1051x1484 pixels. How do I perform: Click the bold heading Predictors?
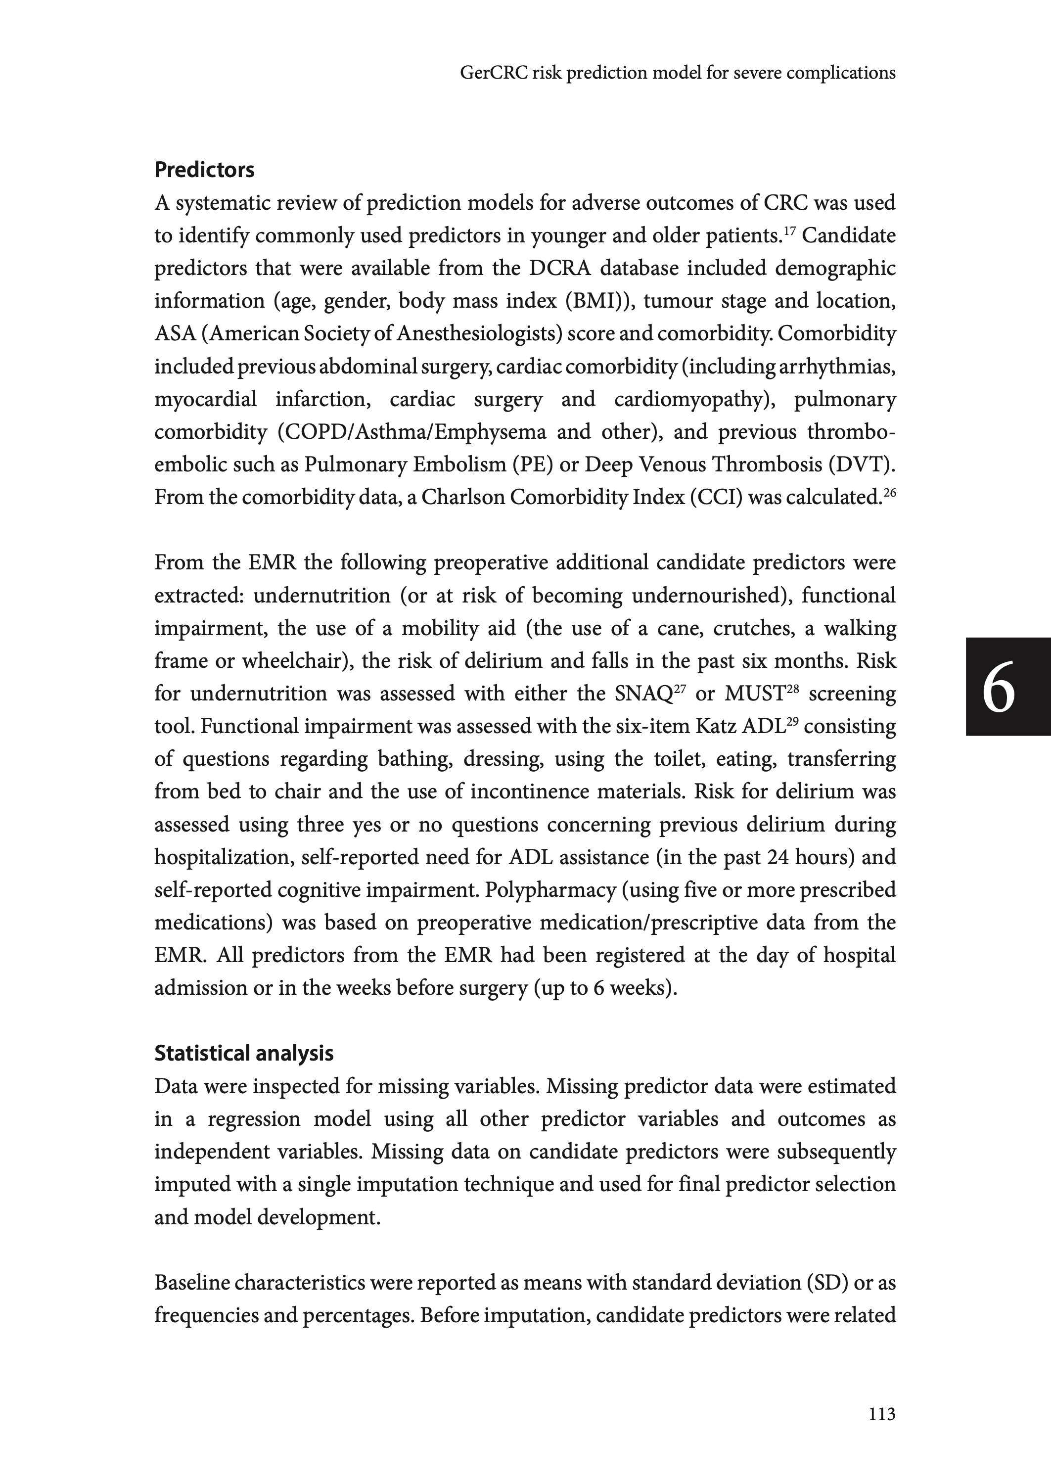(x=204, y=170)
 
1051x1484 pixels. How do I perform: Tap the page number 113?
(x=881, y=1414)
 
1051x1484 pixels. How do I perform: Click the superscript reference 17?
(x=791, y=231)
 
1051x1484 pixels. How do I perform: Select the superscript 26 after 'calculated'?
(x=889, y=493)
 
